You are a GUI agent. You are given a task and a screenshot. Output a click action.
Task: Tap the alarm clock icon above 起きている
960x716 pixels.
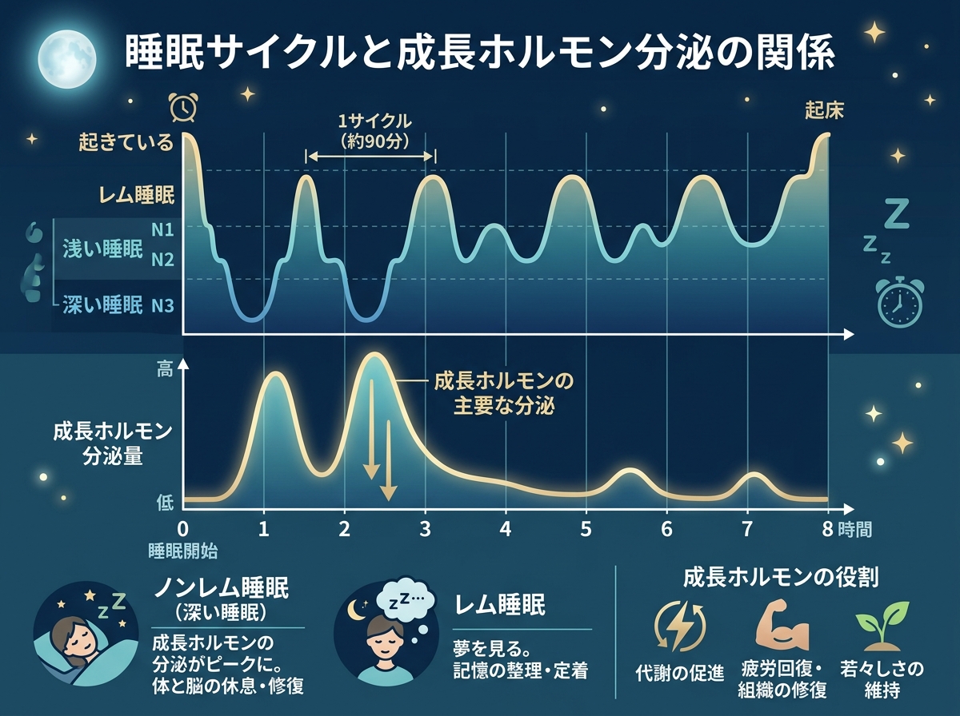tap(183, 106)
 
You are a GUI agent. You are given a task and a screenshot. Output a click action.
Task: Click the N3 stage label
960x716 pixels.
tap(162, 304)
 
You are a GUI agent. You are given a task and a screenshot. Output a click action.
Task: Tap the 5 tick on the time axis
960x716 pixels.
tap(586, 529)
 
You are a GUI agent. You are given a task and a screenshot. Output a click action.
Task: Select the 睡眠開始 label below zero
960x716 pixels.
tap(183, 550)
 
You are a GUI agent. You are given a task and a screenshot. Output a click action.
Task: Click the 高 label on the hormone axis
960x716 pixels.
tap(165, 369)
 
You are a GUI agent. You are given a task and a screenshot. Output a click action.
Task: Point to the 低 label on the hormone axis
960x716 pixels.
tap(165, 502)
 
